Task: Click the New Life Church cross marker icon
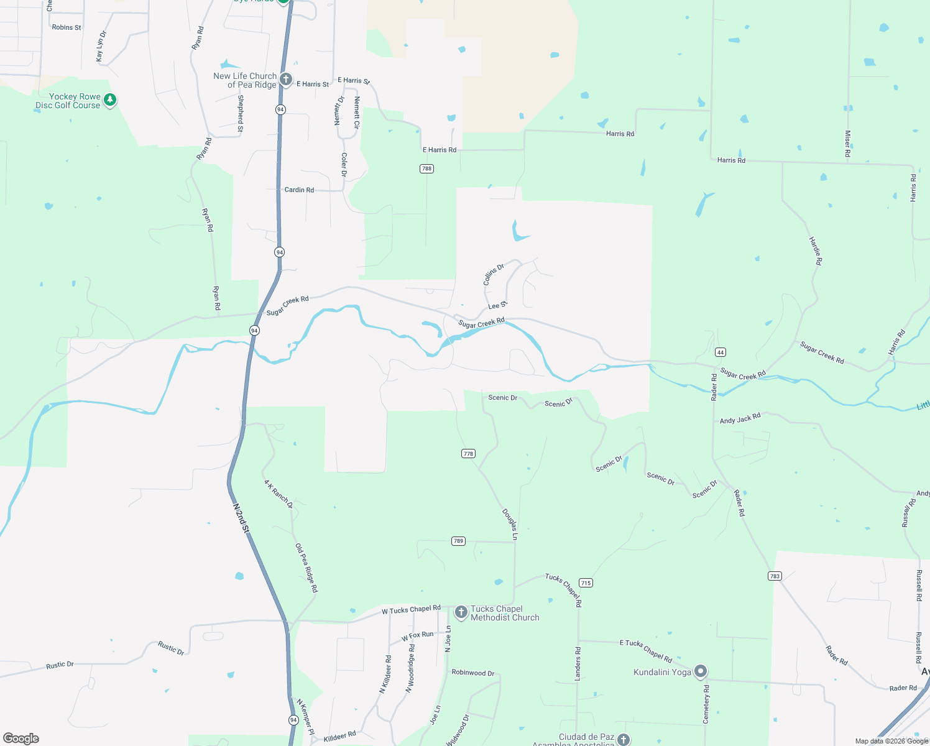[x=285, y=79]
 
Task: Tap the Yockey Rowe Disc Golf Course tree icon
[x=110, y=99]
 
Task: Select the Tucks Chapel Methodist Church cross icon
[x=461, y=612]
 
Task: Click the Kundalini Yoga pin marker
[x=701, y=671]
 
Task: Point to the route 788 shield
[x=426, y=168]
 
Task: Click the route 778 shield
[x=468, y=454]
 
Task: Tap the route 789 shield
[x=458, y=541]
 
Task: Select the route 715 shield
[x=586, y=583]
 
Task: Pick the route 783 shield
[x=774, y=576]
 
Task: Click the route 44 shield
[x=721, y=352]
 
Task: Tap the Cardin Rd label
[x=299, y=190]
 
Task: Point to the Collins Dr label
[x=494, y=274]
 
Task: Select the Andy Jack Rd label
[x=740, y=419]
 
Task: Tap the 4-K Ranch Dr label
[x=278, y=494]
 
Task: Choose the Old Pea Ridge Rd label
[x=306, y=568]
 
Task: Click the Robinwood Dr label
[x=472, y=673]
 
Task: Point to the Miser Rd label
[x=847, y=143]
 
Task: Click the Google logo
[x=21, y=739]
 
